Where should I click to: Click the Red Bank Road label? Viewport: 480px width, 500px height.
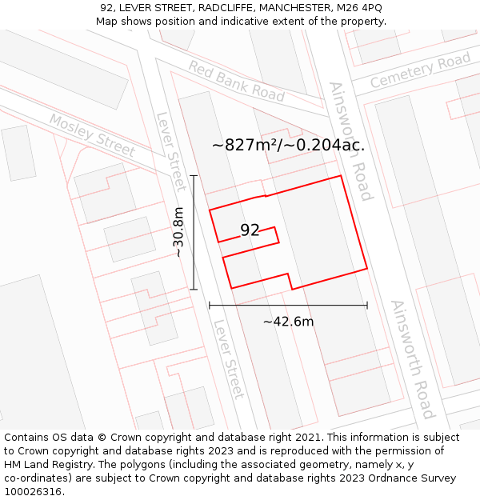click(236, 80)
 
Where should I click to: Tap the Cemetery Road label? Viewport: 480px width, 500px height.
click(420, 71)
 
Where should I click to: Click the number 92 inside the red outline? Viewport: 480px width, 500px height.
click(250, 230)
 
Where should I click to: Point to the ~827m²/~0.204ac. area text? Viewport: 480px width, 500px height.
click(288, 146)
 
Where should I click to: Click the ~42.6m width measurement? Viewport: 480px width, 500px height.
click(288, 322)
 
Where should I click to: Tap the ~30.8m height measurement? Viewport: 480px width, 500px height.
click(179, 232)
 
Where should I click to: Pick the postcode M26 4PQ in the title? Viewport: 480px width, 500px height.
click(358, 8)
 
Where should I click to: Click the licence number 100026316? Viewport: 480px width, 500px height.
click(34, 492)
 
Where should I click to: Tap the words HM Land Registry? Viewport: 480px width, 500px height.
click(46, 465)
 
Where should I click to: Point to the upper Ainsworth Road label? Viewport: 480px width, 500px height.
click(351, 141)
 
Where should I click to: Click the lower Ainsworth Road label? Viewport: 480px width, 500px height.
click(413, 359)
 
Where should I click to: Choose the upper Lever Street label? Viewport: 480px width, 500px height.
click(170, 150)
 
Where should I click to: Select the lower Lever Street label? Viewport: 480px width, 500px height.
click(228, 359)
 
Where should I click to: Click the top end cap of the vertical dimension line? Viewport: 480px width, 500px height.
click(194, 176)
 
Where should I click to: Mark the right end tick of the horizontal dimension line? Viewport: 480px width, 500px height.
click(367, 305)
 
